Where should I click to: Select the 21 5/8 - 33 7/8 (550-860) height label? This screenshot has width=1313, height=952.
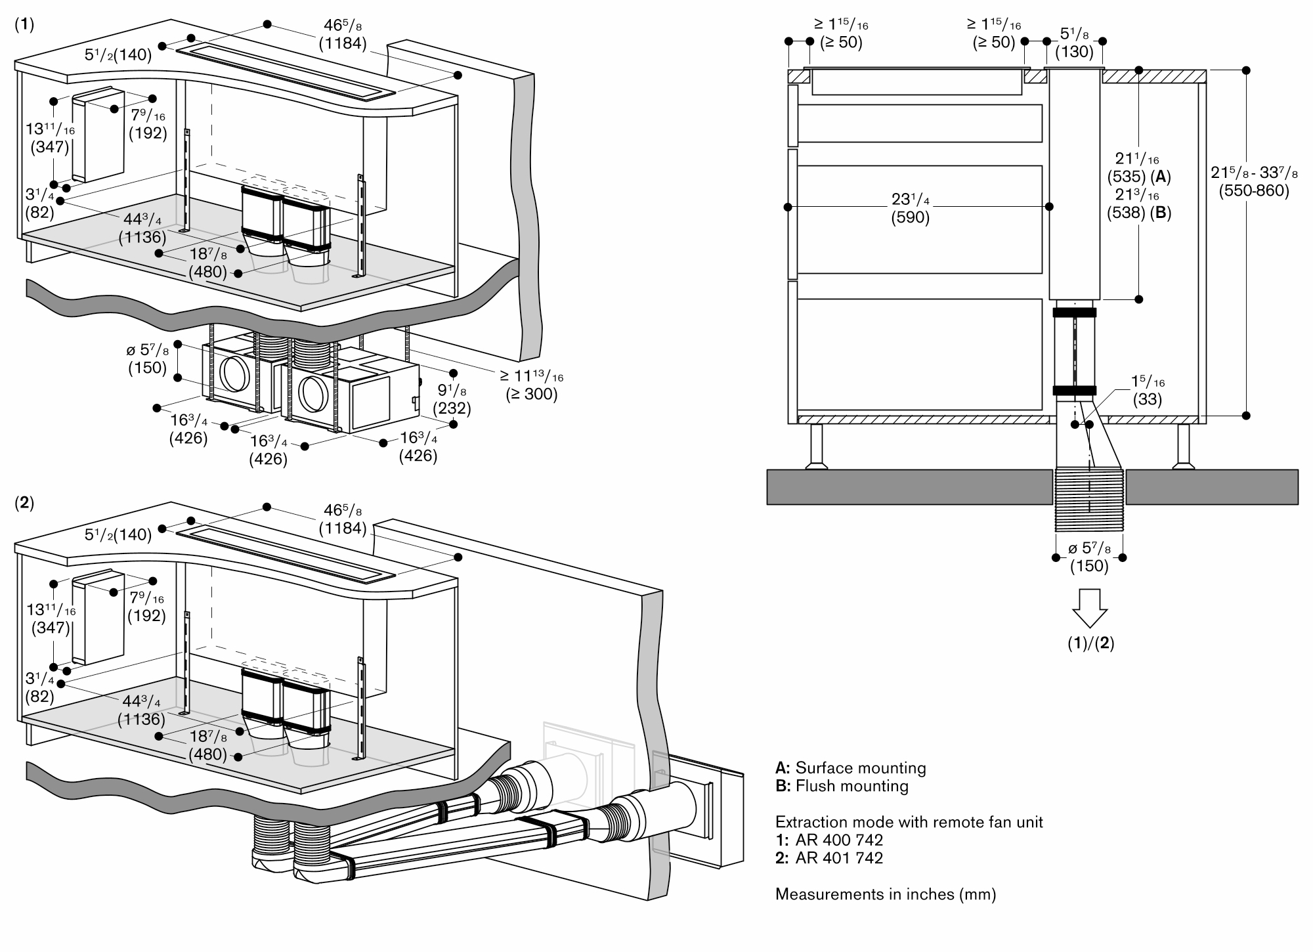coord(1254,182)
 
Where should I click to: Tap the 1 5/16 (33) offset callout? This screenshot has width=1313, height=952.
coord(1147,390)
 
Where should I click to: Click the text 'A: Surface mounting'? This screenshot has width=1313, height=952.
coord(850,768)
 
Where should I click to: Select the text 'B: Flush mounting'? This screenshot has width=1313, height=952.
coord(842,786)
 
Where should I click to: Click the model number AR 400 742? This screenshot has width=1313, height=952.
coord(838,840)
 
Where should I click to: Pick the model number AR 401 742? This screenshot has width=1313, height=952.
coord(838,857)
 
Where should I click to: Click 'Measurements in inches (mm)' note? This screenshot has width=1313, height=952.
coord(886,894)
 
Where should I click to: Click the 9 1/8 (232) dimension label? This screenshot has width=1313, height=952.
coord(453,399)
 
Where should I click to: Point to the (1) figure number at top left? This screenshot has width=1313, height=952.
coord(24,24)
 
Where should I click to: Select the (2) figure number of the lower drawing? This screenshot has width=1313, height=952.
coord(24,504)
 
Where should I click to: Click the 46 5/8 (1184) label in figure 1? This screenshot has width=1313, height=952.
coord(342,35)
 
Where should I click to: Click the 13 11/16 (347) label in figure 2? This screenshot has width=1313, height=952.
coord(51,619)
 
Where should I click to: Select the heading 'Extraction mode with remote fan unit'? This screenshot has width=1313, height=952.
coord(909,822)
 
